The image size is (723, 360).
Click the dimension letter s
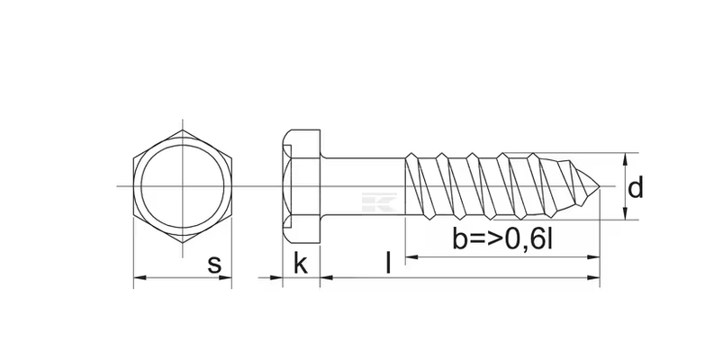click(214, 265)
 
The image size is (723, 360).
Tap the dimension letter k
click(301, 263)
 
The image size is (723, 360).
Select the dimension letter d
click(636, 187)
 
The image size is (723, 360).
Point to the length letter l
click(389, 263)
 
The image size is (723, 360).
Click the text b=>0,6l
click(502, 239)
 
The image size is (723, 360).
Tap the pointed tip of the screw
click(600, 186)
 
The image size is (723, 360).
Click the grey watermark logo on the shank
click(379, 202)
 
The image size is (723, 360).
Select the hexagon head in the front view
click(183, 186)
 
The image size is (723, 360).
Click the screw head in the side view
click(301, 186)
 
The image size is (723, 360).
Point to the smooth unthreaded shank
click(363, 186)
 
